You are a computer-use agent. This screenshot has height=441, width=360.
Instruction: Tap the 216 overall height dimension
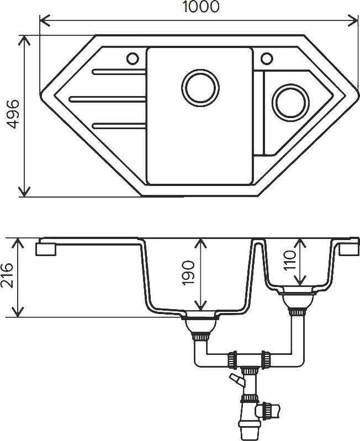(x=7, y=277)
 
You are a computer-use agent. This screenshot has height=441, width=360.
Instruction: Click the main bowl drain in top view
(x=199, y=88)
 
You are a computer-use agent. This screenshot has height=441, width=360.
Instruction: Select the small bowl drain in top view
(x=289, y=102)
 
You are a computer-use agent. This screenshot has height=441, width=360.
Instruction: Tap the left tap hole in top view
(x=133, y=57)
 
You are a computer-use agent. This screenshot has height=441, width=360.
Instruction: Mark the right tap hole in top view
(x=267, y=57)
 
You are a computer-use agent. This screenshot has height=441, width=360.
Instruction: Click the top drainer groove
(x=119, y=71)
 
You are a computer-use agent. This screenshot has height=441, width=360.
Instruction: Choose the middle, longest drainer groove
(x=108, y=99)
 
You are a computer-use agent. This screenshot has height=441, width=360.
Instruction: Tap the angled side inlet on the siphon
(x=236, y=380)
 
